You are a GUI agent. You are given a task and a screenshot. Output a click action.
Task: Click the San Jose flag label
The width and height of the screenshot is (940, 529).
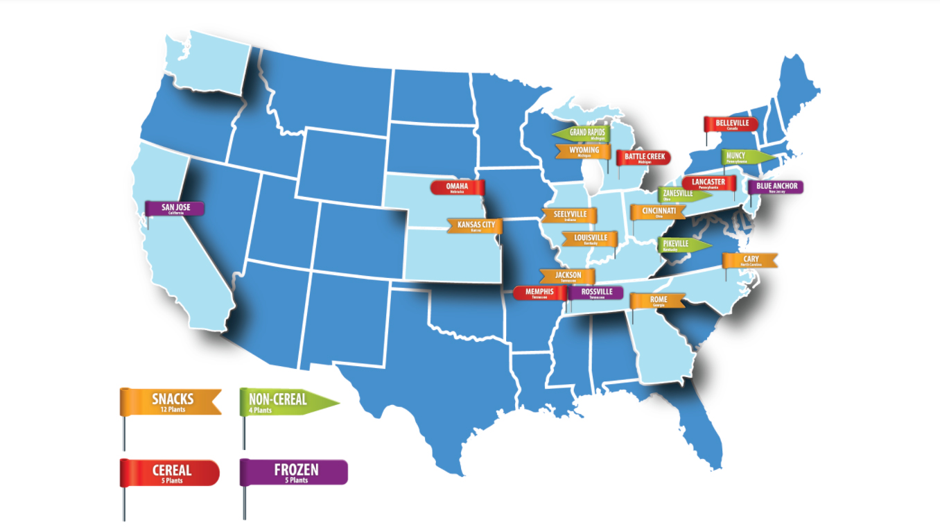tap(175, 208)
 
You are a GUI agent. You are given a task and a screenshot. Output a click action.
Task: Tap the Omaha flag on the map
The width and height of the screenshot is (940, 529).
tap(458, 187)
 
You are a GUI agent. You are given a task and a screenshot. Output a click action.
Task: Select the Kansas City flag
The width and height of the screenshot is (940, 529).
tap(475, 226)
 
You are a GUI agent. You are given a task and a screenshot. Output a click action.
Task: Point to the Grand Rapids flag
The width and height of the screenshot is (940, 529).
tap(583, 133)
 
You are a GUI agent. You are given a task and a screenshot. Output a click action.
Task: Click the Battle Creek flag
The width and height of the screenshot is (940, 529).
tap(644, 157)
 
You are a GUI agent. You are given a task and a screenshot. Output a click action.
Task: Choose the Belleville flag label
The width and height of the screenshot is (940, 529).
tap(732, 124)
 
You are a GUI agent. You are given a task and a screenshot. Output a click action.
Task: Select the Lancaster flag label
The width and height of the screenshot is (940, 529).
tap(708, 184)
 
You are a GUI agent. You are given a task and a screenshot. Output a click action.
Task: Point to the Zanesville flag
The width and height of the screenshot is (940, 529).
tap(680, 195)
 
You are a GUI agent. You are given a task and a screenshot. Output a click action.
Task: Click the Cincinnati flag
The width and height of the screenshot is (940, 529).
tap(658, 211)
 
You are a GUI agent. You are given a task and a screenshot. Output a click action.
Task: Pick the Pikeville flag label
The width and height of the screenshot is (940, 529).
tap(680, 245)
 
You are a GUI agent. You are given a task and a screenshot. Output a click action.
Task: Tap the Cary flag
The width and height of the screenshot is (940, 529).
tap(750, 261)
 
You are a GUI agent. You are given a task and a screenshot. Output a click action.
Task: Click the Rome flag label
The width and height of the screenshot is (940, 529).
tap(658, 301)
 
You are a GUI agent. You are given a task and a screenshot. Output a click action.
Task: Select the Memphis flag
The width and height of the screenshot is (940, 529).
tap(539, 293)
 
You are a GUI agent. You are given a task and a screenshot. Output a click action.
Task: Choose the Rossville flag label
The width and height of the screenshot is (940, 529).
tap(597, 293)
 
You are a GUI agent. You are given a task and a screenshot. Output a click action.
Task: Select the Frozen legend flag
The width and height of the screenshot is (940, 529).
tap(294, 472)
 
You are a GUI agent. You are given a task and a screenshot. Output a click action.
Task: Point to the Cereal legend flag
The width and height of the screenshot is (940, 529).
tap(171, 472)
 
